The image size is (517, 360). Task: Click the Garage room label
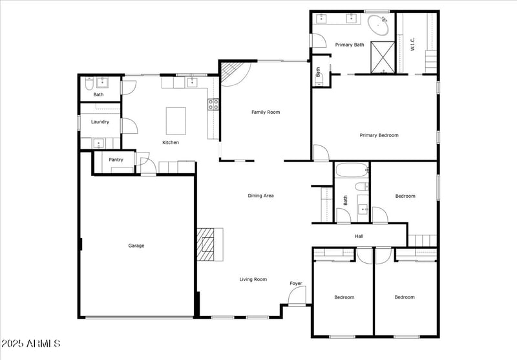click(x=136, y=246)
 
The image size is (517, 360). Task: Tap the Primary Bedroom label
click(x=379, y=135)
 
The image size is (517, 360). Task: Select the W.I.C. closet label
click(x=412, y=43)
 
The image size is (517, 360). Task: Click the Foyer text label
click(x=295, y=283)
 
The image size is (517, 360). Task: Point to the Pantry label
click(x=116, y=159)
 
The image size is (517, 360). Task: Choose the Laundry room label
click(x=100, y=122)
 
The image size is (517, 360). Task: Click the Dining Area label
click(x=261, y=195)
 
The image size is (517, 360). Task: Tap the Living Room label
click(x=253, y=279)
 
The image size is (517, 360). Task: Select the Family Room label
click(x=266, y=112)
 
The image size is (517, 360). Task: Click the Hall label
click(x=359, y=236)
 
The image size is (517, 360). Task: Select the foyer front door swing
click(x=297, y=296)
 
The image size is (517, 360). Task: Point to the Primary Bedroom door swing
click(x=320, y=153)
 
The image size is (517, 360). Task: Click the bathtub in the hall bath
click(x=352, y=171)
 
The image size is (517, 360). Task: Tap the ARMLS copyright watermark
click(x=31, y=343)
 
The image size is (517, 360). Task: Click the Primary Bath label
click(x=350, y=45)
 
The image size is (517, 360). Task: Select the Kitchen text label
click(x=171, y=142)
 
